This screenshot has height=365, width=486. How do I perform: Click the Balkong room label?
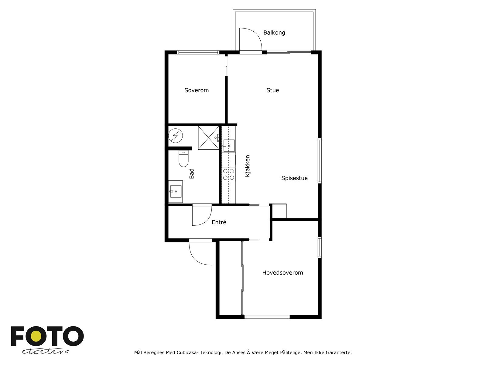tap(274, 33)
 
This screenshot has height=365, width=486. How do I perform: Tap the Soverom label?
tap(197, 90)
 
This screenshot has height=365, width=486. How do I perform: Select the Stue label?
tap(272, 90)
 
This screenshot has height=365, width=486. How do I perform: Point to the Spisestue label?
tap(294, 178)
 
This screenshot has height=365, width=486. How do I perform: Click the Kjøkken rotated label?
tap(248, 166)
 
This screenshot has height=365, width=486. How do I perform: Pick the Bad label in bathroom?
tap(192, 174)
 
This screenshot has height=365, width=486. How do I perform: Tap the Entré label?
tap(219, 222)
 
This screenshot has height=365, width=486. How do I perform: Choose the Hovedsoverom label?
tap(282, 273)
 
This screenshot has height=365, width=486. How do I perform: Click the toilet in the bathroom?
tap(183, 159)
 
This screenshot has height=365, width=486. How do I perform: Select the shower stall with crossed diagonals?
tap(208, 138)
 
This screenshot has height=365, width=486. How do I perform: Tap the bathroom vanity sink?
tap(175, 192)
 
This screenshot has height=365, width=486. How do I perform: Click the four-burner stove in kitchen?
tap(228, 174)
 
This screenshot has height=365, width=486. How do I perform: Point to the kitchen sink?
tap(228, 145)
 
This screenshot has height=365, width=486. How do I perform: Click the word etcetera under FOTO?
tap(45, 351)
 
